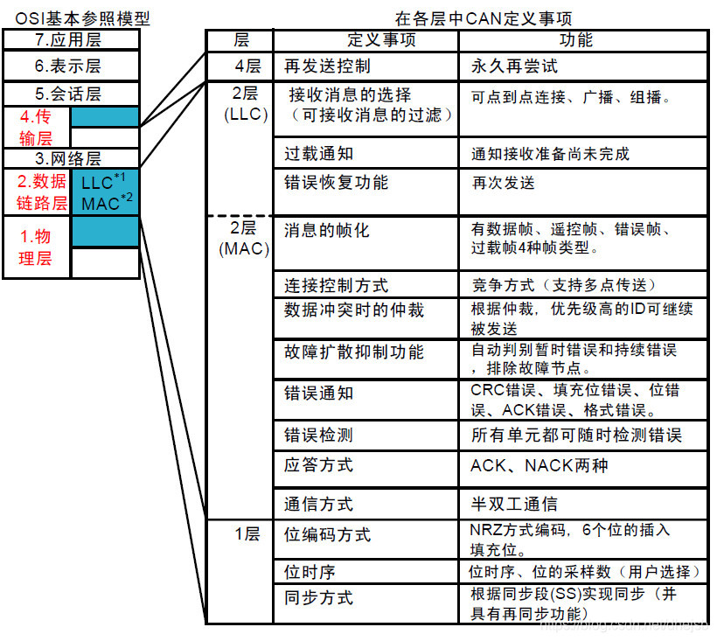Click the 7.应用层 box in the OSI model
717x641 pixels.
(71, 39)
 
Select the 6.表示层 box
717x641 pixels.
(71, 66)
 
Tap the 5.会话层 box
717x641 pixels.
(71, 93)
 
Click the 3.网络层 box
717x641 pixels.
(71, 158)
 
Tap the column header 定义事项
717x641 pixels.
(365, 40)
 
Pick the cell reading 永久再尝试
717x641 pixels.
(514, 66)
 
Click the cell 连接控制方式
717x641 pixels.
(337, 285)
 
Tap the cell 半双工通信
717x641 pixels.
(514, 504)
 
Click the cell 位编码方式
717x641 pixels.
(327, 533)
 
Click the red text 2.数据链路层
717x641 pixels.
(37, 192)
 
